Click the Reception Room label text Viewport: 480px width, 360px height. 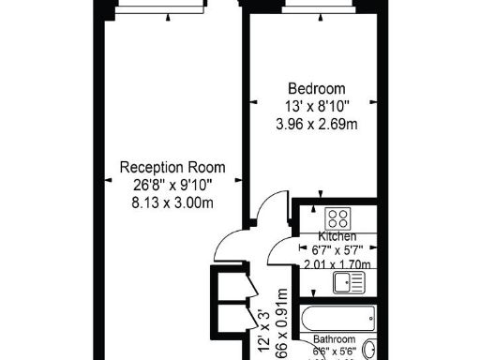coord(172,167)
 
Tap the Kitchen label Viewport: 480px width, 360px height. coord(335,235)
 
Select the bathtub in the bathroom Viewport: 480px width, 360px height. coord(337,317)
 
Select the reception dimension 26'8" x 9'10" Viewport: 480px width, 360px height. coord(172,185)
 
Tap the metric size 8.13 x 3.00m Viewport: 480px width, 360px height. coord(172,202)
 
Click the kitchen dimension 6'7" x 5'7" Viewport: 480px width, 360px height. coord(336,249)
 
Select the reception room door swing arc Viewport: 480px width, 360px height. coord(228,246)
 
